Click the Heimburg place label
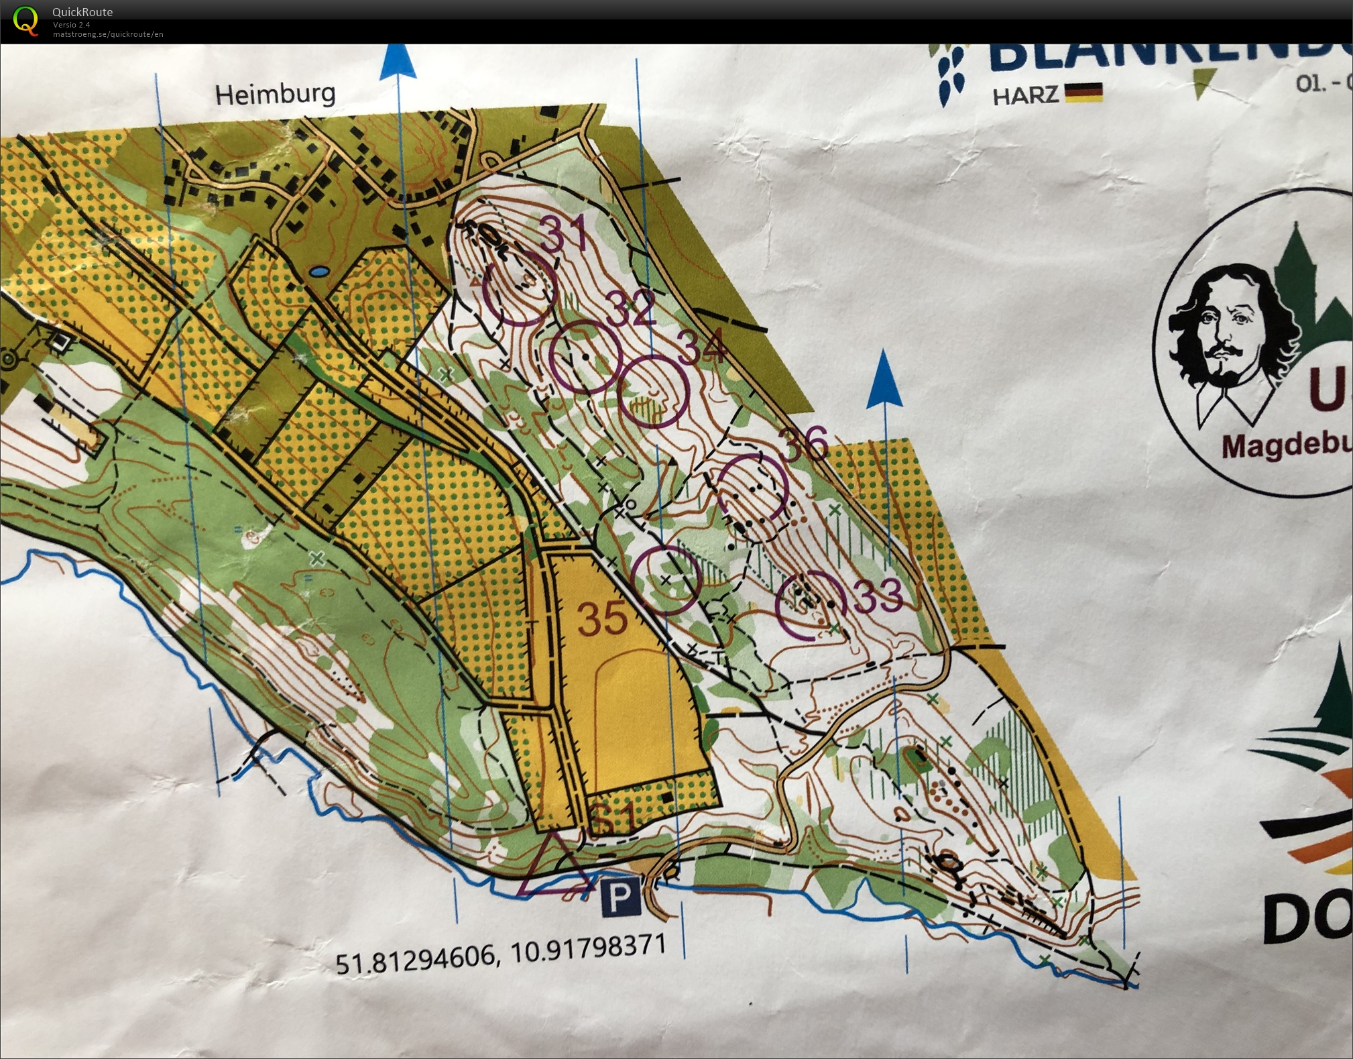(x=275, y=94)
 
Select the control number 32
(x=630, y=308)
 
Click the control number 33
(x=879, y=595)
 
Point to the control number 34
(x=701, y=346)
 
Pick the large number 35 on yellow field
(x=603, y=618)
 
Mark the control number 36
(x=803, y=443)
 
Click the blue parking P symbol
(x=620, y=897)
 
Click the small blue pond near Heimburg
(x=319, y=272)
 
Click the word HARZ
(x=1024, y=95)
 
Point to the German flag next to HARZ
(x=1083, y=93)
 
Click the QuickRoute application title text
(x=82, y=11)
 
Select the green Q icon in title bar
(x=25, y=20)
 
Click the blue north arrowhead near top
(x=398, y=62)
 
